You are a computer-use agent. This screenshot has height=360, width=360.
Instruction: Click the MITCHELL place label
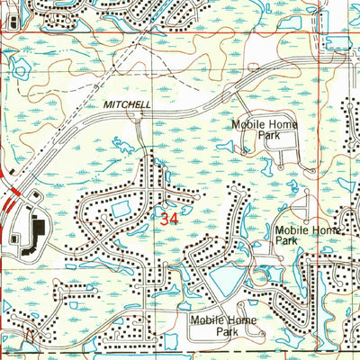126,105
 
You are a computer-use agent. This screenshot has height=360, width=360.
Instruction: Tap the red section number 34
168,218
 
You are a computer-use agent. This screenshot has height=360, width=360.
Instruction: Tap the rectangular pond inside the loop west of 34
120,211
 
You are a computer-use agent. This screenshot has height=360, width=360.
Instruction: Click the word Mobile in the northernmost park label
247,123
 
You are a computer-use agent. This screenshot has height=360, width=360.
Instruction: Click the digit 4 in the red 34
174,218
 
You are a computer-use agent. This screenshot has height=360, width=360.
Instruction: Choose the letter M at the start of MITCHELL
106,105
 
